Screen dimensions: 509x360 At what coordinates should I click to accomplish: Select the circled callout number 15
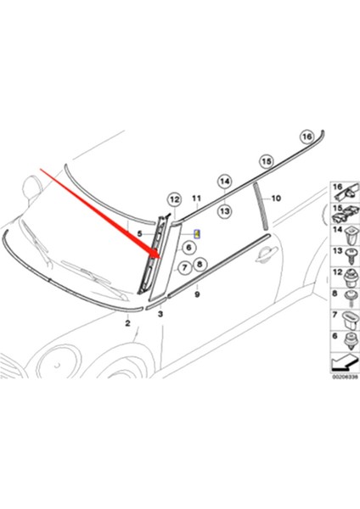tap(267, 159)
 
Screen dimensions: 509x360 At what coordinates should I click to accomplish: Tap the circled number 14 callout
tap(224, 181)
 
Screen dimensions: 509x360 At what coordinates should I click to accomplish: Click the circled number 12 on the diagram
tap(173, 199)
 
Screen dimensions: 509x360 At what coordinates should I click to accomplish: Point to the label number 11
tap(195, 202)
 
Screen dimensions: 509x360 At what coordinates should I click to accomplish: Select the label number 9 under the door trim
tap(197, 295)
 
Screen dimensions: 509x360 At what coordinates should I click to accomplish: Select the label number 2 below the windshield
tap(127, 323)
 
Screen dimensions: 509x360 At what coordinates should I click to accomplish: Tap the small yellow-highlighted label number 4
tap(198, 232)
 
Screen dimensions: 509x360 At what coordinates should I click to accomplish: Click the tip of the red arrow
tap(158, 254)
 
